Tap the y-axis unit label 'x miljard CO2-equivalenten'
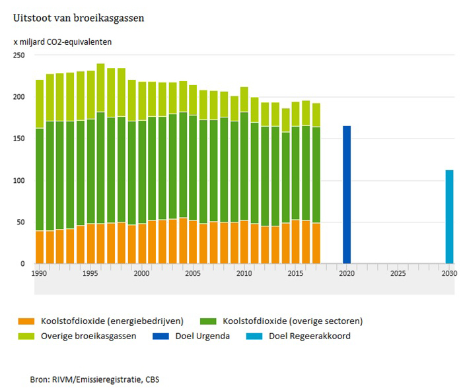[63, 42]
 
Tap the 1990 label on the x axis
[39, 273]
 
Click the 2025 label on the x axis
[398, 273]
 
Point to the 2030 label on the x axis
[448, 273]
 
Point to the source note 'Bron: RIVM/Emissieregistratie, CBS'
[94, 379]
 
